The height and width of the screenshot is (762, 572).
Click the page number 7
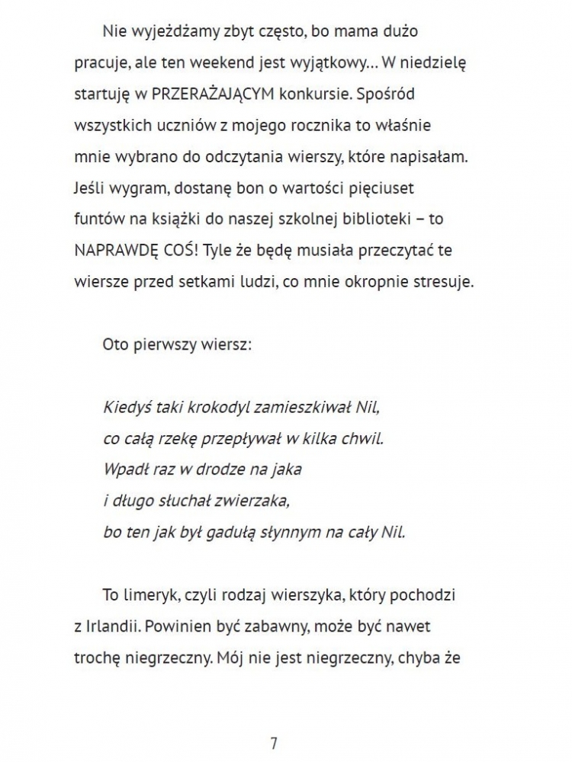click(274, 744)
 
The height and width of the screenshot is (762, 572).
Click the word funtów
click(96, 219)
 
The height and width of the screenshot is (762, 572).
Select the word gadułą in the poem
click(229, 532)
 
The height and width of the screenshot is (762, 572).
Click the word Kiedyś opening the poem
click(125, 407)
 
